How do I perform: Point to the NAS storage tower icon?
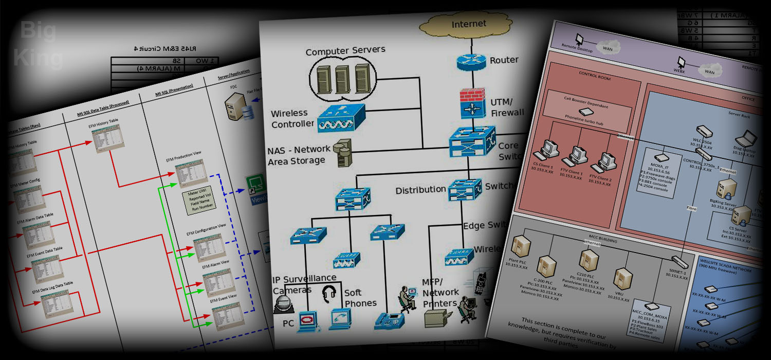(x=341, y=153)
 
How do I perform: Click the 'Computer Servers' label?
(x=345, y=52)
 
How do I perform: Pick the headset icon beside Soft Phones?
(x=329, y=294)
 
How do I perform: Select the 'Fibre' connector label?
(x=691, y=209)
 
